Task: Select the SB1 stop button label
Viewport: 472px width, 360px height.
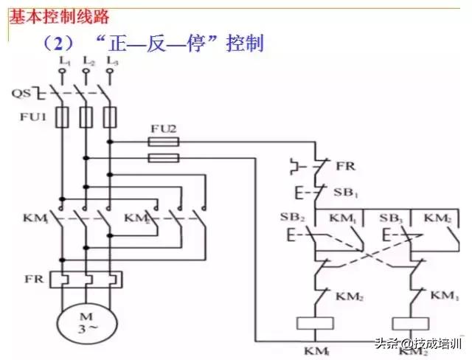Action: (346, 193)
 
